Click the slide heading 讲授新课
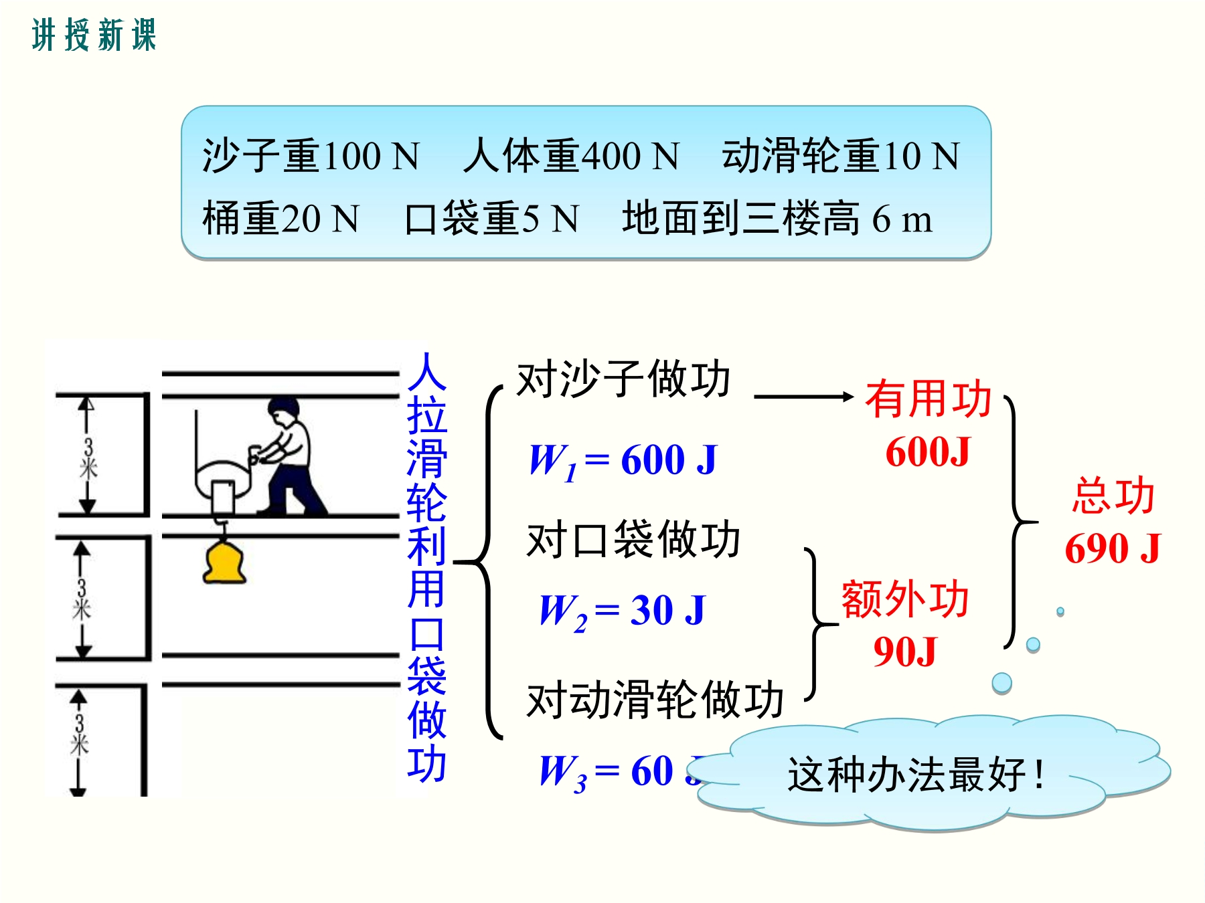(94, 35)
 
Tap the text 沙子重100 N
(311, 156)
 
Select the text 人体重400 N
(571, 156)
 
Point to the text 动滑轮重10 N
(841, 156)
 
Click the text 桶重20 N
(281, 218)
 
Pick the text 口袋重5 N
(492, 218)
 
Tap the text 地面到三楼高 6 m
(777, 218)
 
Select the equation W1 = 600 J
(623, 460)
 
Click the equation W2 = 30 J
(623, 611)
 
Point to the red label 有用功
(929, 399)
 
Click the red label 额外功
(905, 598)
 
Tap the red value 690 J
(1113, 548)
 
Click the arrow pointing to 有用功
(804, 397)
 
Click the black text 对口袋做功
(633, 539)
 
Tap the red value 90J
(905, 651)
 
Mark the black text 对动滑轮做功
(655, 700)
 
